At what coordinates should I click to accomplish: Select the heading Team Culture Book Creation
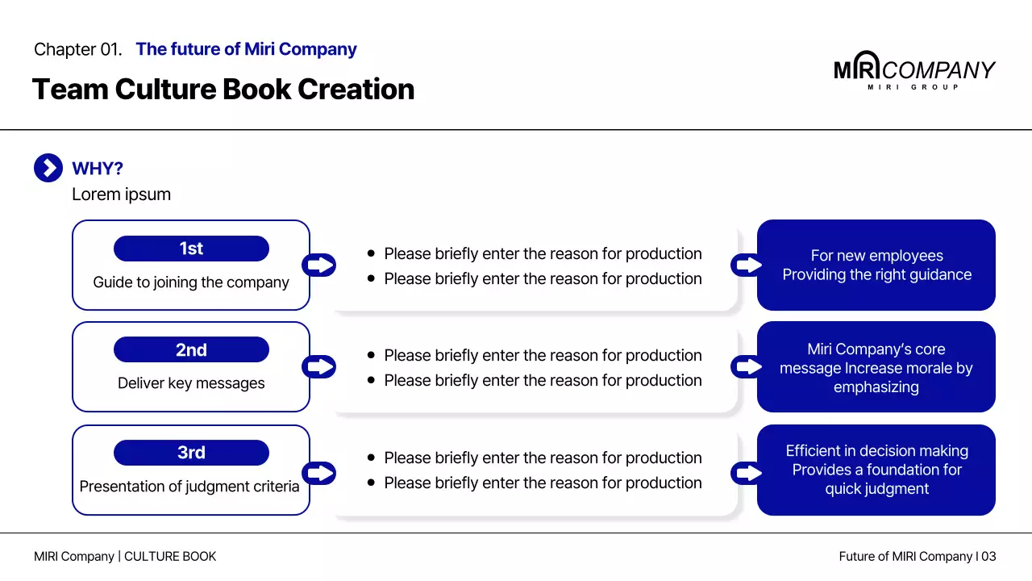click(223, 89)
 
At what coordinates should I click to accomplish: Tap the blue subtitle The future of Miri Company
click(246, 49)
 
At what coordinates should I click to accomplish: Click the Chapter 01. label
click(77, 49)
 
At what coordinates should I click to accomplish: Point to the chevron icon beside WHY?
click(48, 168)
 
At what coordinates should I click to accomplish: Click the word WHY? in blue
click(98, 169)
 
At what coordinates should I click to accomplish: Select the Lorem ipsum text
click(121, 194)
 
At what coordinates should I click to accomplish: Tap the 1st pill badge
click(191, 249)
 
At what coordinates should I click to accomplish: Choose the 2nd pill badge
click(191, 350)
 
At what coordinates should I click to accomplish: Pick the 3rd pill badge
click(191, 453)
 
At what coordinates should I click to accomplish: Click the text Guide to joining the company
click(191, 282)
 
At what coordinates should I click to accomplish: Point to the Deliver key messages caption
click(191, 383)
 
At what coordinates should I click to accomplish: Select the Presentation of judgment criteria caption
click(189, 487)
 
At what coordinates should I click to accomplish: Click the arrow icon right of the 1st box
click(319, 265)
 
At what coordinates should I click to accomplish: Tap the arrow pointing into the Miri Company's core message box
click(747, 367)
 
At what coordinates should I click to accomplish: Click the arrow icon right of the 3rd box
click(319, 473)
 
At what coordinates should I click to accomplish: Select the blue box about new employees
click(876, 265)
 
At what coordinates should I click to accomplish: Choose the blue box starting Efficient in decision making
click(876, 470)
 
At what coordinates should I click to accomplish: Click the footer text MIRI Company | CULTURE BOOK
click(125, 556)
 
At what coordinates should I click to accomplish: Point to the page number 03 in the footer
click(988, 556)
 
